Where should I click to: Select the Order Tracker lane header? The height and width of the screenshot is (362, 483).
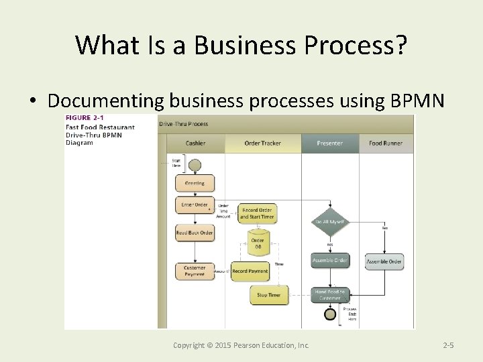(262, 143)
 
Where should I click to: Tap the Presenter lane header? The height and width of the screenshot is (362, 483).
(329, 143)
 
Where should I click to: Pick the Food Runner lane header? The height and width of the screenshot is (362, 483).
(385, 143)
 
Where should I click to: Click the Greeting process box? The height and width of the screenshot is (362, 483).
(195, 182)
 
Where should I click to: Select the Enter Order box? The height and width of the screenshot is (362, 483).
(195, 205)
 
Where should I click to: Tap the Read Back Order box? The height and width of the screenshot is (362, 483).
(195, 233)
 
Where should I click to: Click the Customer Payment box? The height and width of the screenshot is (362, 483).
(195, 271)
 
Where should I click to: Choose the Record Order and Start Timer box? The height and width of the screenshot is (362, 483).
(257, 213)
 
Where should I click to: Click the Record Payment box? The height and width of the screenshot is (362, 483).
(250, 271)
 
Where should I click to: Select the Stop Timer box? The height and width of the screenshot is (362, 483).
(268, 294)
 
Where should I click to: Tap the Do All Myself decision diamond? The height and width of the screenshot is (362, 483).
(329, 221)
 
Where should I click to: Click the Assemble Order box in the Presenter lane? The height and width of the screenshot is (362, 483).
(329, 260)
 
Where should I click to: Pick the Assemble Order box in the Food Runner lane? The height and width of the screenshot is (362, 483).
(384, 261)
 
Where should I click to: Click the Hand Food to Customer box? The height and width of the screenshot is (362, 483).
(329, 294)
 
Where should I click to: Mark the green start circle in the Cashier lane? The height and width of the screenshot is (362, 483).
(195, 164)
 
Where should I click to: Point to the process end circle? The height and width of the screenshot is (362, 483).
(329, 313)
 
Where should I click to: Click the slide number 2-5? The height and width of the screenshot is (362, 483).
(449, 345)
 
